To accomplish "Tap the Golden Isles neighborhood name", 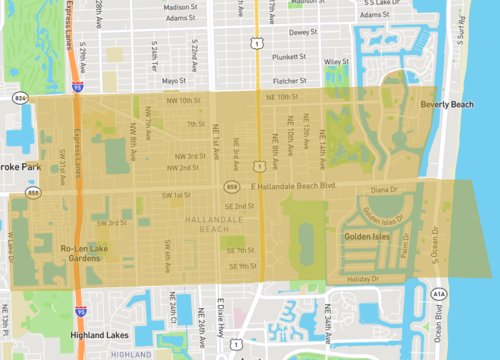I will pyautogui.click(x=367, y=237).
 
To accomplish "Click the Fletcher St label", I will pyautogui.click(x=288, y=81).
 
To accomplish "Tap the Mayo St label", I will pyautogui.click(x=175, y=80).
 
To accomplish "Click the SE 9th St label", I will pyautogui.click(x=241, y=266).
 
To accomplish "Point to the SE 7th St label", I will pyautogui.click(x=241, y=250).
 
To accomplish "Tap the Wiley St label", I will pyautogui.click(x=334, y=62).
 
